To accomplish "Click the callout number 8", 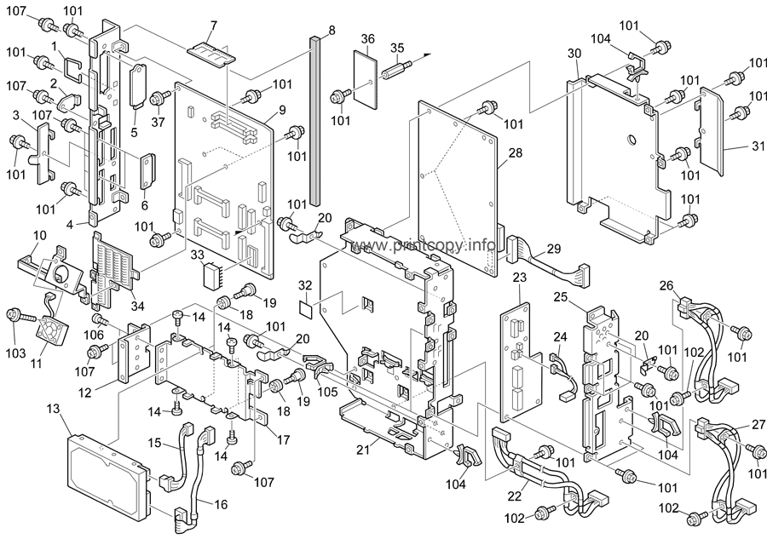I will coord(331,30).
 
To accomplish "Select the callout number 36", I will coord(367,38).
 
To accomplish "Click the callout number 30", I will coord(574,54).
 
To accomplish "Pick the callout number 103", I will coord(15,351).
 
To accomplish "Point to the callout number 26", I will coord(666,285).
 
